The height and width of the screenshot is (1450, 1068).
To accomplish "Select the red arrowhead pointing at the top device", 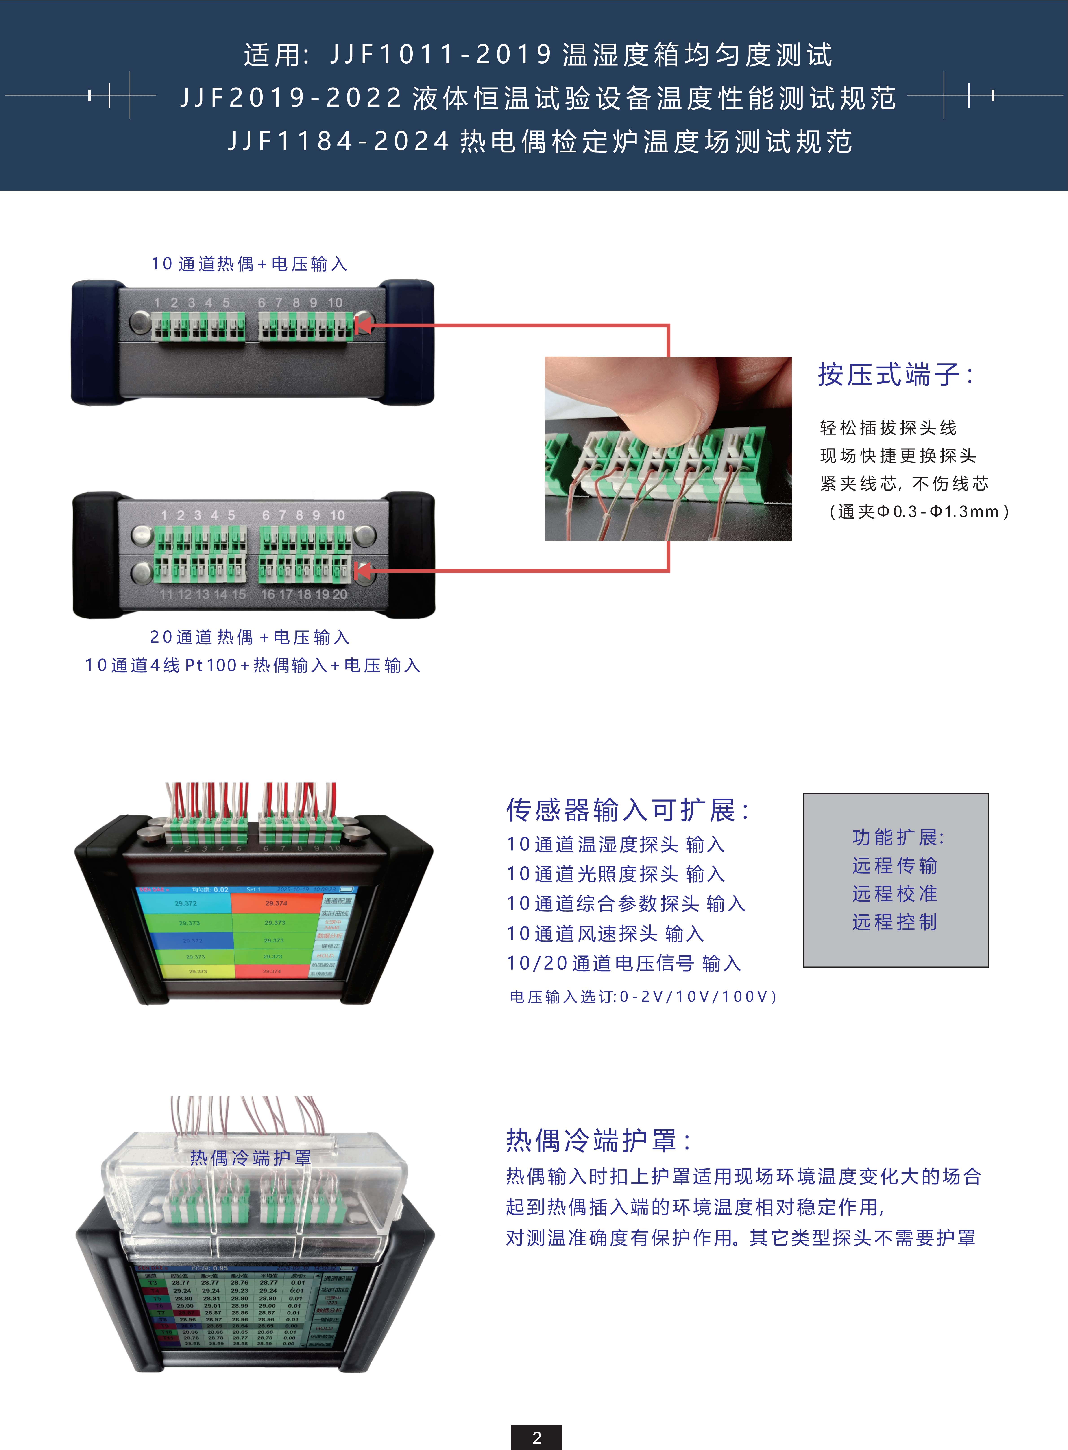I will pyautogui.click(x=363, y=325).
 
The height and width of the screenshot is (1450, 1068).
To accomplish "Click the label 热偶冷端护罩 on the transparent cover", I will pyautogui.click(x=250, y=1158).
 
